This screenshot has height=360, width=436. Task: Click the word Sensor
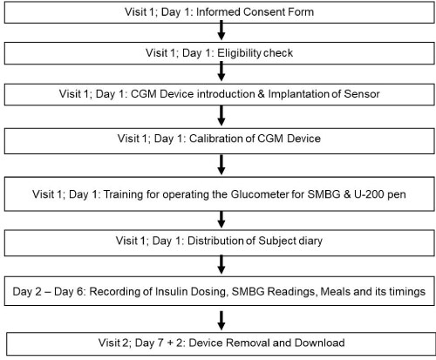pos(362,94)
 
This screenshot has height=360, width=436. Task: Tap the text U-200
pos(369,194)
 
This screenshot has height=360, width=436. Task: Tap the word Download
pos(320,343)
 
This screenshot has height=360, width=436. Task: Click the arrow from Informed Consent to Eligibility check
pos(221,31)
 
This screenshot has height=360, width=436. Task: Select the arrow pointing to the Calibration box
pos(221,116)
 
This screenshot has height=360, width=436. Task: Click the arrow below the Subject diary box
pos(221,265)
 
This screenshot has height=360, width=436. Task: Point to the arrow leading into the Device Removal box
pos(221,321)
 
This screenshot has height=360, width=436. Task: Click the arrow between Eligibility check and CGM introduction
pos(221,71)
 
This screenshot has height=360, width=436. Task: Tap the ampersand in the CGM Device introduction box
pos(260,94)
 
